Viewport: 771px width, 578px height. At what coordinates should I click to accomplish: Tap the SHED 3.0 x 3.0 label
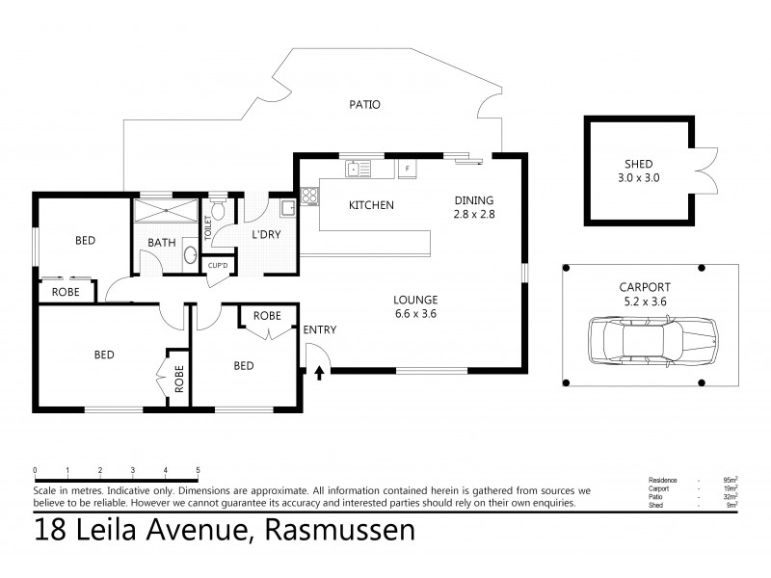[x=634, y=170]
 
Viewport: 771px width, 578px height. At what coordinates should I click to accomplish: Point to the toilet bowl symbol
[x=219, y=208]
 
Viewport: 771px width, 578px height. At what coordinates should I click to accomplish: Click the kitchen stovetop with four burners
[x=310, y=197]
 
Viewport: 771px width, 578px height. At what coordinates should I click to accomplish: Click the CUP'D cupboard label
[x=218, y=265]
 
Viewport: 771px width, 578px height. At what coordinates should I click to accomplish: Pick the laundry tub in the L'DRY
[x=285, y=207]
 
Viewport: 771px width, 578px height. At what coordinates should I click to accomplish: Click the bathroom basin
[x=190, y=256]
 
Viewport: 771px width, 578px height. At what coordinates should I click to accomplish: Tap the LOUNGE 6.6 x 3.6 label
[x=416, y=305]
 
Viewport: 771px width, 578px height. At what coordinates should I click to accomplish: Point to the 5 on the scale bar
[x=198, y=471]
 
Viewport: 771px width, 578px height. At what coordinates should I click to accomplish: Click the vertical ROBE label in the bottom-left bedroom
[x=178, y=380]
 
